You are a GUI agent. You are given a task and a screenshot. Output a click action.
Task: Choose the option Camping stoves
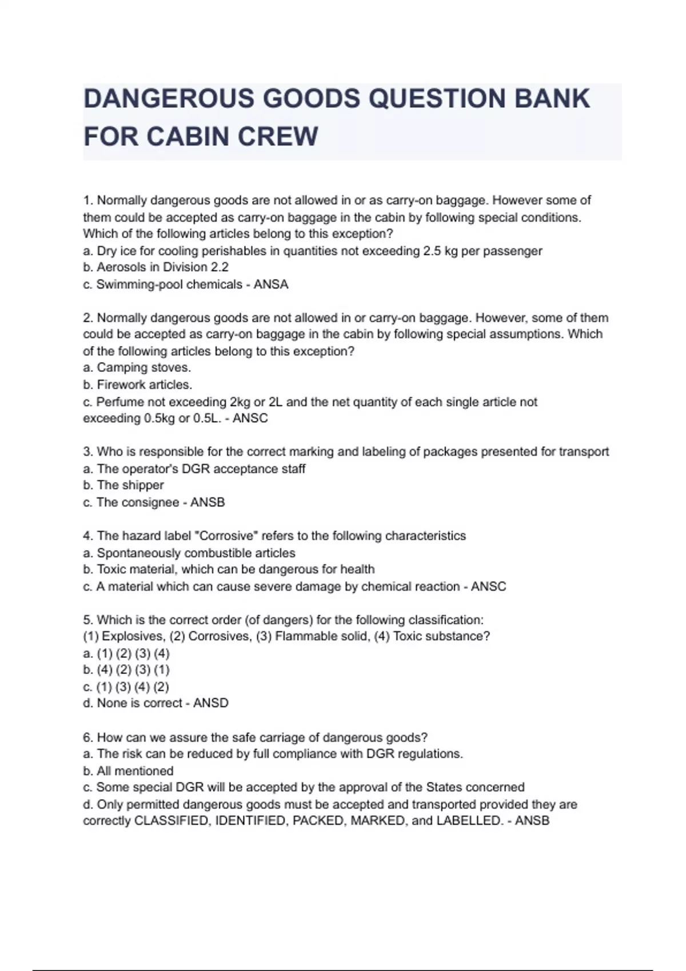click(143, 367)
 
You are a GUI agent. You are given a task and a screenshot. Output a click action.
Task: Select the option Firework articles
click(144, 384)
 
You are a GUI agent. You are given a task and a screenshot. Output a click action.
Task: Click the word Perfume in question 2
click(116, 402)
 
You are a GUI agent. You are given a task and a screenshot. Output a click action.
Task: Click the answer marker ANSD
click(210, 703)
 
